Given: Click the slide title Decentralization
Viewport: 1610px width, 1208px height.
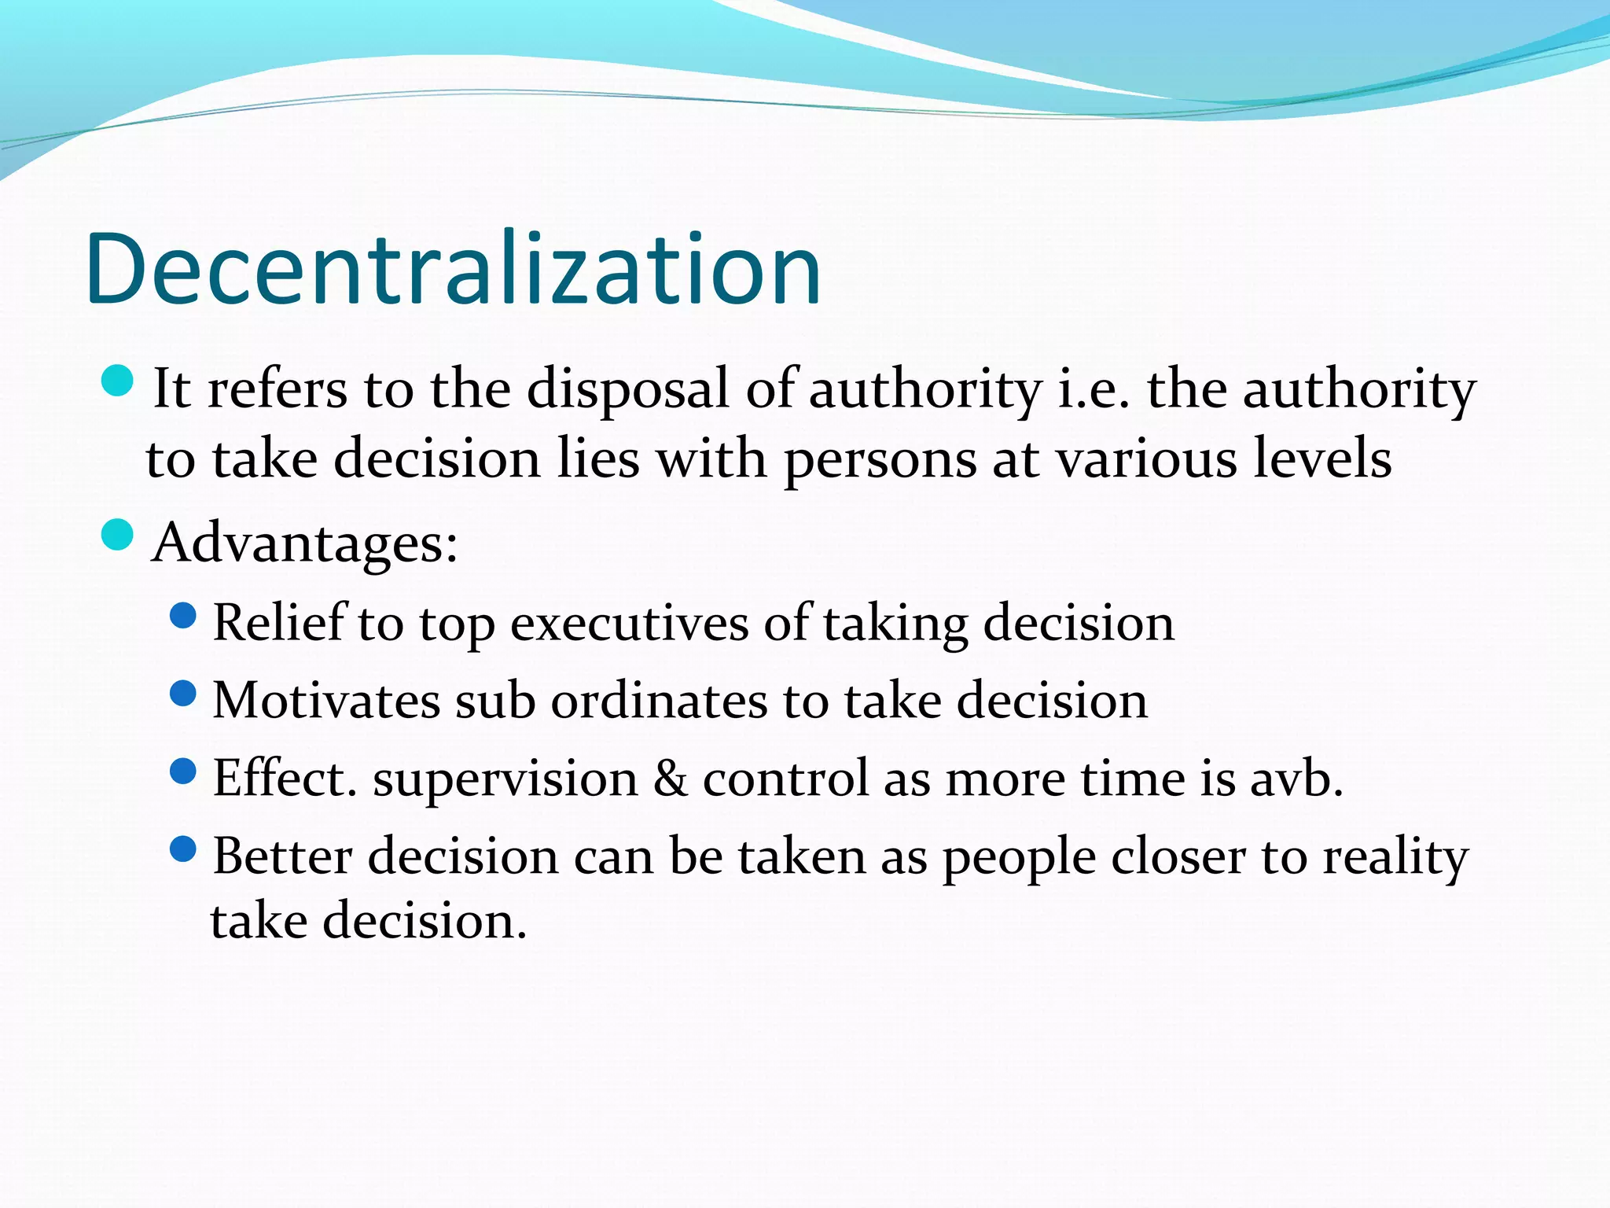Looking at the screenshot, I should (x=454, y=270).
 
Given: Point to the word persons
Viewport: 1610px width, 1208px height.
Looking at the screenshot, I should (x=880, y=460).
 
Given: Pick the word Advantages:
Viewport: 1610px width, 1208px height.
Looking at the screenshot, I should (x=305, y=543).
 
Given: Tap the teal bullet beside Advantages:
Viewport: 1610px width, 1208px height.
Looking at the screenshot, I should (x=118, y=536).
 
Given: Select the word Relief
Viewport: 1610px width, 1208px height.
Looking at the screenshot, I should (x=279, y=622).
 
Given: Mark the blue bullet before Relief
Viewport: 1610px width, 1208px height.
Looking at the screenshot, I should (x=182, y=616).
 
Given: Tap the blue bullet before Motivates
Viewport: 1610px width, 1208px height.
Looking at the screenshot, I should (x=182, y=694).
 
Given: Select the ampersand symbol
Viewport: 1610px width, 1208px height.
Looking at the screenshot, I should (x=670, y=778).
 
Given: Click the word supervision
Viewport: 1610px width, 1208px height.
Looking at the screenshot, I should (x=505, y=779).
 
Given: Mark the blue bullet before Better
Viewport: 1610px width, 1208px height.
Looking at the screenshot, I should (x=182, y=849).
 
